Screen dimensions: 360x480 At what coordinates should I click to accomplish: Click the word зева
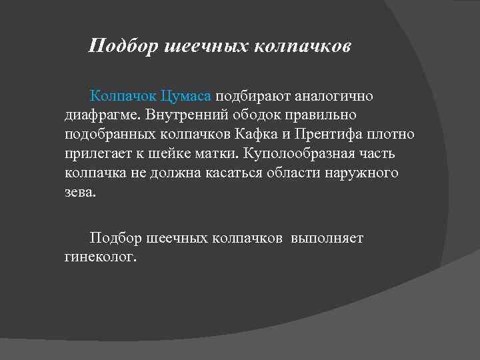coord(81,192)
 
